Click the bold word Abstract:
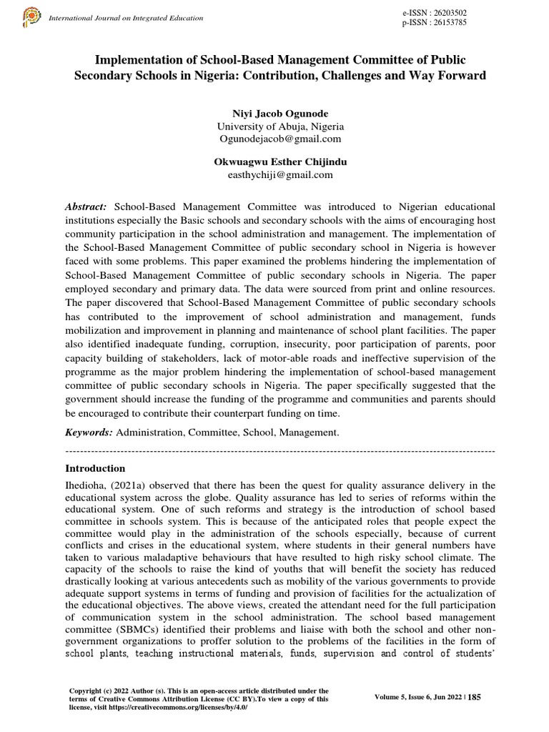point(86,206)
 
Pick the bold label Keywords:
point(89,432)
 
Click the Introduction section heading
point(95,469)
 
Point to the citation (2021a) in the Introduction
point(129,485)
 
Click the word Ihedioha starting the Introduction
point(85,485)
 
